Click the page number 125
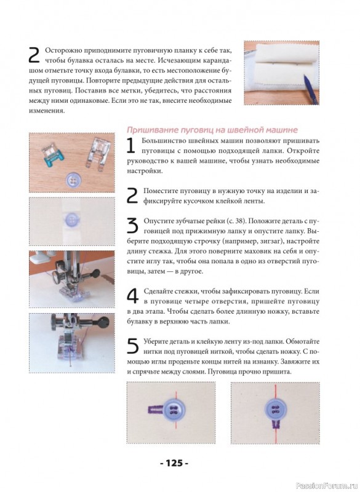[174, 463]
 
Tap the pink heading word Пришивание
[153, 130]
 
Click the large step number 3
[132, 225]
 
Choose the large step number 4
[132, 296]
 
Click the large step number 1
[131, 145]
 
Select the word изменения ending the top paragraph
[47, 111]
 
